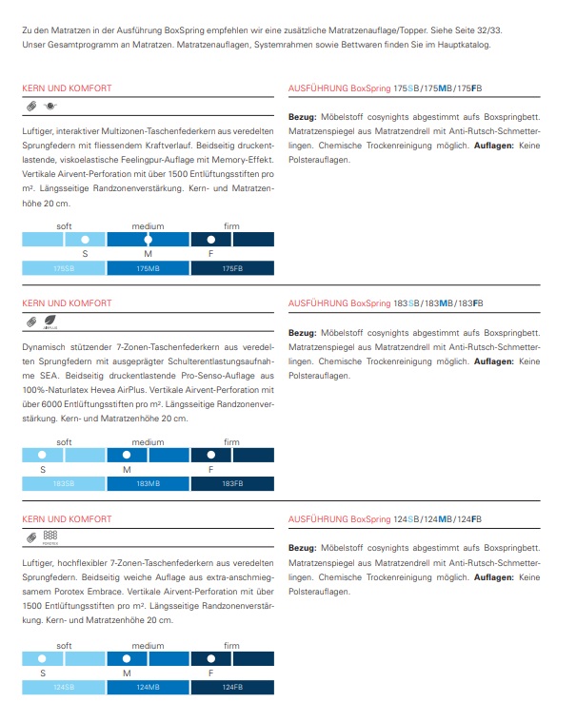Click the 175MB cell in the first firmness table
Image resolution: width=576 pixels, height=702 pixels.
coord(149,269)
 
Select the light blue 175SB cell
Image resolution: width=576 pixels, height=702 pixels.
coord(64,269)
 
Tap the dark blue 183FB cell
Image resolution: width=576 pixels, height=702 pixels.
coord(232,484)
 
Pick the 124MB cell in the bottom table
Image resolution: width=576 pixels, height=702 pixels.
coord(149,687)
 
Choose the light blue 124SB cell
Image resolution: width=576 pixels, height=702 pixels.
coord(64,687)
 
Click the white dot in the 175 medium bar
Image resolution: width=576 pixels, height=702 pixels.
coord(148,240)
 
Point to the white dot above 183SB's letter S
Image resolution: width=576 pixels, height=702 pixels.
coord(43,455)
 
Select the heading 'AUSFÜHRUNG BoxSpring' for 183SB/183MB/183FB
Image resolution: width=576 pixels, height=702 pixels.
coord(339,303)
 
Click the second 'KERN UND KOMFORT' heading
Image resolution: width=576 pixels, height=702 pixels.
coord(66,303)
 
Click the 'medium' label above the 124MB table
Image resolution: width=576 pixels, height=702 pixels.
coord(148,645)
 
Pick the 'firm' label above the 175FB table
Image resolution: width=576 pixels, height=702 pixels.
coord(231,226)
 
